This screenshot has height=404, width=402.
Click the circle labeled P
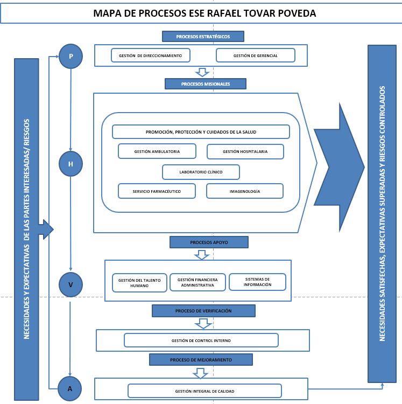tap(70, 56)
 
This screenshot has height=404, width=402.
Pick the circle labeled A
tap(70, 387)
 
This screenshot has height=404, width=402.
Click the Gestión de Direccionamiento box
tap(151, 55)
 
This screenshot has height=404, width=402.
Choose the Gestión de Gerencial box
tap(255, 55)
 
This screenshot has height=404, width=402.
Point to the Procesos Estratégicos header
tap(203, 36)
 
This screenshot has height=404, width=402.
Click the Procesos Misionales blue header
tap(206, 84)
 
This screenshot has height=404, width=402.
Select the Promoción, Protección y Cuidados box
tap(201, 132)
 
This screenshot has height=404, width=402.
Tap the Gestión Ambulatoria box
tap(157, 151)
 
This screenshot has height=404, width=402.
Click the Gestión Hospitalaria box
tap(245, 151)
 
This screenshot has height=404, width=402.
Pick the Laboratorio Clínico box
tap(201, 172)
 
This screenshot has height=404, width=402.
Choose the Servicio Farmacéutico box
tap(157, 191)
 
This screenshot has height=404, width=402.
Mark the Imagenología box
tap(244, 191)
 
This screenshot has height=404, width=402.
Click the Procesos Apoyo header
tap(209, 242)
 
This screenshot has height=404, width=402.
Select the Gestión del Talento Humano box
tap(139, 283)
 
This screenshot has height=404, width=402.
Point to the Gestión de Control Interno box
tap(201, 340)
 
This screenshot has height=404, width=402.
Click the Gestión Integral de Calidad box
tap(204, 391)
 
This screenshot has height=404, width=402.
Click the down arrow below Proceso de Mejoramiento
tap(201, 373)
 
